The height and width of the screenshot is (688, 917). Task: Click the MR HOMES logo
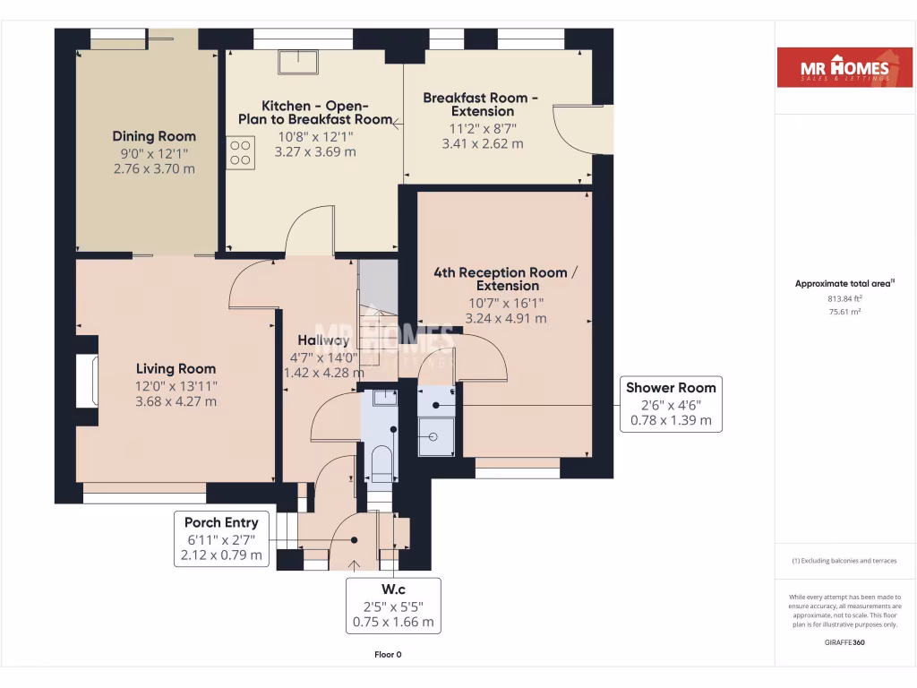[837, 67]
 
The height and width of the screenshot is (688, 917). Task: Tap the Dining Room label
[154, 136]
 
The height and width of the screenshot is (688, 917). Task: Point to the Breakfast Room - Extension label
[482, 104]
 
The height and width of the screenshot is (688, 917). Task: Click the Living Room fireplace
[86, 381]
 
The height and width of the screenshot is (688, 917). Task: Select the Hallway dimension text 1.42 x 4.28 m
[324, 373]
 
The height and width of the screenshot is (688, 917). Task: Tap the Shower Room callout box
[671, 404]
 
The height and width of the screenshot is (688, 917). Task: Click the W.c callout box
[395, 606]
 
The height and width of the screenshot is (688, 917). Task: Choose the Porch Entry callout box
[221, 538]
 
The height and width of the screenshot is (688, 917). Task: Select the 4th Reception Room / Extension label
[501, 279]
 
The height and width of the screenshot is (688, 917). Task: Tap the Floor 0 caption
[388, 655]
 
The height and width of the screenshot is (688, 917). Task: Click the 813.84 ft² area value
[844, 298]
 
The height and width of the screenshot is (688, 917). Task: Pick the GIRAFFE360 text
[844, 642]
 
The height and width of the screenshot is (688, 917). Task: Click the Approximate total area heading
[844, 284]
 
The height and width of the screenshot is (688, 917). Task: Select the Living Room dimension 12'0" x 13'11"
[176, 385]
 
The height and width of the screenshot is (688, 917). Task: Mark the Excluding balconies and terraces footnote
[844, 561]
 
